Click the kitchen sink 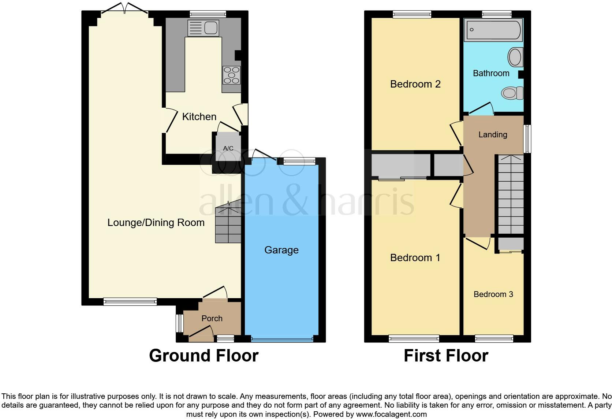click(x=203, y=28)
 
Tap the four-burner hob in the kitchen click(x=231, y=75)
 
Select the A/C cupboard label click(x=228, y=148)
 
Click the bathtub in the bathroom click(x=493, y=29)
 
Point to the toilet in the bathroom click(x=512, y=93)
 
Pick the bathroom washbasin click(x=515, y=58)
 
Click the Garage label click(x=281, y=250)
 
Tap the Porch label click(x=212, y=318)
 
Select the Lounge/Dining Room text click(x=156, y=223)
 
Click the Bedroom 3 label click(x=493, y=294)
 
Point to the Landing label click(x=493, y=134)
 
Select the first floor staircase click(x=511, y=194)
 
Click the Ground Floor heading click(x=204, y=356)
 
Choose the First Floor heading click(x=446, y=356)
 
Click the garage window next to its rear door click(x=299, y=161)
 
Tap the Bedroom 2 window click(x=412, y=14)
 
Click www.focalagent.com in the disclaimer click(x=391, y=414)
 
